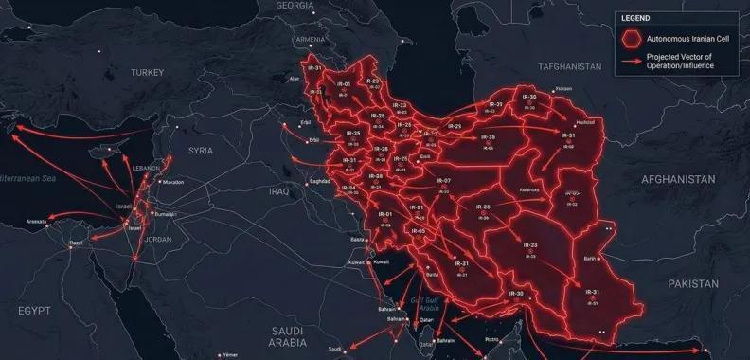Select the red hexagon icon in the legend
631,39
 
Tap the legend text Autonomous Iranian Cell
680,39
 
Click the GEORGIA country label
295,6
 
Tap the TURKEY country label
148,72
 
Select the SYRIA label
201,151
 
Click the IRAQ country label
278,191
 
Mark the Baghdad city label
319,180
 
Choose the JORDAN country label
158,239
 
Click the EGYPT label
33,310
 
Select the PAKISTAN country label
693,283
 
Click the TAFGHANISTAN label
569,67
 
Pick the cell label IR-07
444,180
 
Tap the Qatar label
427,320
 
